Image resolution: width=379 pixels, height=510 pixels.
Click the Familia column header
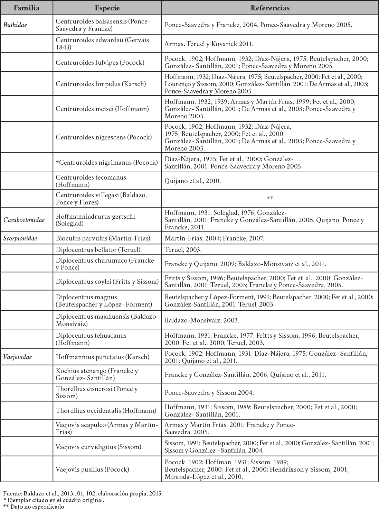click(x=27, y=8)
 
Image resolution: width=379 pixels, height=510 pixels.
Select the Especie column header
click(x=107, y=8)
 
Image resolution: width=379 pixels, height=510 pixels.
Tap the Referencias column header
click(x=270, y=8)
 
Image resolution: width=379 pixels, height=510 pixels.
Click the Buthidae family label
click(x=15, y=25)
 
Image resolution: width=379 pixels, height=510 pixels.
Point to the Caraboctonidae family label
click(x=24, y=220)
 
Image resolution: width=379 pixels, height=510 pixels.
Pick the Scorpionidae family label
click(x=20, y=238)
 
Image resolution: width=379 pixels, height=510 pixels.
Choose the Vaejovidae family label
click(x=18, y=357)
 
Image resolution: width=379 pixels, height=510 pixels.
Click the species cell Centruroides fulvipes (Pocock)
click(x=100, y=63)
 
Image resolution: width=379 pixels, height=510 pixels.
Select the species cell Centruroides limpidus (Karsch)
click(x=101, y=84)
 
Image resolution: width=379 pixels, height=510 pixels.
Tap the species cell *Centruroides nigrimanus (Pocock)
click(x=107, y=163)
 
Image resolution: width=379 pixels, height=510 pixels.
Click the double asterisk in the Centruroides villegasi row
click(x=270, y=198)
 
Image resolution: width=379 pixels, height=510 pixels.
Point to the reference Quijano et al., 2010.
click(x=192, y=181)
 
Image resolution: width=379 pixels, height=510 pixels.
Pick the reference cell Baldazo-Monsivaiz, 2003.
click(x=202, y=320)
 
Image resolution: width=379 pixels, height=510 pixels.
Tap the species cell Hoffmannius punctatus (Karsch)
click(x=103, y=357)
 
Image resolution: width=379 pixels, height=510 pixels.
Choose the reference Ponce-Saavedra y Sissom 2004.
click(x=209, y=393)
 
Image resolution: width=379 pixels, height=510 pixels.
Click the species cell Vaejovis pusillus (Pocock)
click(x=93, y=470)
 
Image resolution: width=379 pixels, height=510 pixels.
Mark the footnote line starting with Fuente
click(x=83, y=494)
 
